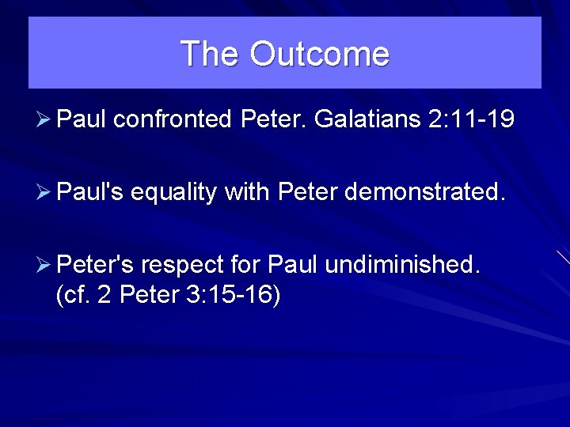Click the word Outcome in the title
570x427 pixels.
319,54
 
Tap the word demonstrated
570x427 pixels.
429,191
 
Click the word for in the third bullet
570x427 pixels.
247,263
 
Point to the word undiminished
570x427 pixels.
402,263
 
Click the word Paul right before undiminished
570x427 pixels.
293,263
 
